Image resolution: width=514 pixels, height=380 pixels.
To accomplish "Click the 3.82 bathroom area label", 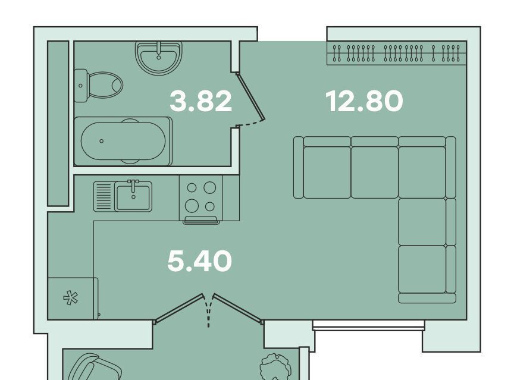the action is point(200,101).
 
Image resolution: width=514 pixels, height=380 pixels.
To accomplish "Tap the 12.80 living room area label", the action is point(364,101).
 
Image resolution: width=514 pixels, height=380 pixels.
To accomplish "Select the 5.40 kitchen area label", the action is point(199,261).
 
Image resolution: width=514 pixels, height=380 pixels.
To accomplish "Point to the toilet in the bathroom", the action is point(98,85).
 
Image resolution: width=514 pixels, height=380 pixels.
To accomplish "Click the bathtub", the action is point(123,141).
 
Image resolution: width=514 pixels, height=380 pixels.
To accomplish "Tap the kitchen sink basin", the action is point(133,197).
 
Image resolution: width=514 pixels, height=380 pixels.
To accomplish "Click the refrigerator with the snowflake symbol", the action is point(73,299).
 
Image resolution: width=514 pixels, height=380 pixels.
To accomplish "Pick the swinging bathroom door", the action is point(251,98).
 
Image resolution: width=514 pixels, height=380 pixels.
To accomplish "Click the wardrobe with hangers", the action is point(397,53).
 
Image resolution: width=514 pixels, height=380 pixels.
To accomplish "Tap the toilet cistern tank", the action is point(81,86).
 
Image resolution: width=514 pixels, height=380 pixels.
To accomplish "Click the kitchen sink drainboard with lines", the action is point(104,197).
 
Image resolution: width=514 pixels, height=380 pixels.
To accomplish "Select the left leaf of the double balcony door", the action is point(178,308).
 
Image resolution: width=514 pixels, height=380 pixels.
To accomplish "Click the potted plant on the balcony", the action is point(275,367).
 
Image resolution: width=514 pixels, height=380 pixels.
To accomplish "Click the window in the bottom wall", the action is point(368,324).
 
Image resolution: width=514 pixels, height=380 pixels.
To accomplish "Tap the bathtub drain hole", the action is point(102,141).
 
